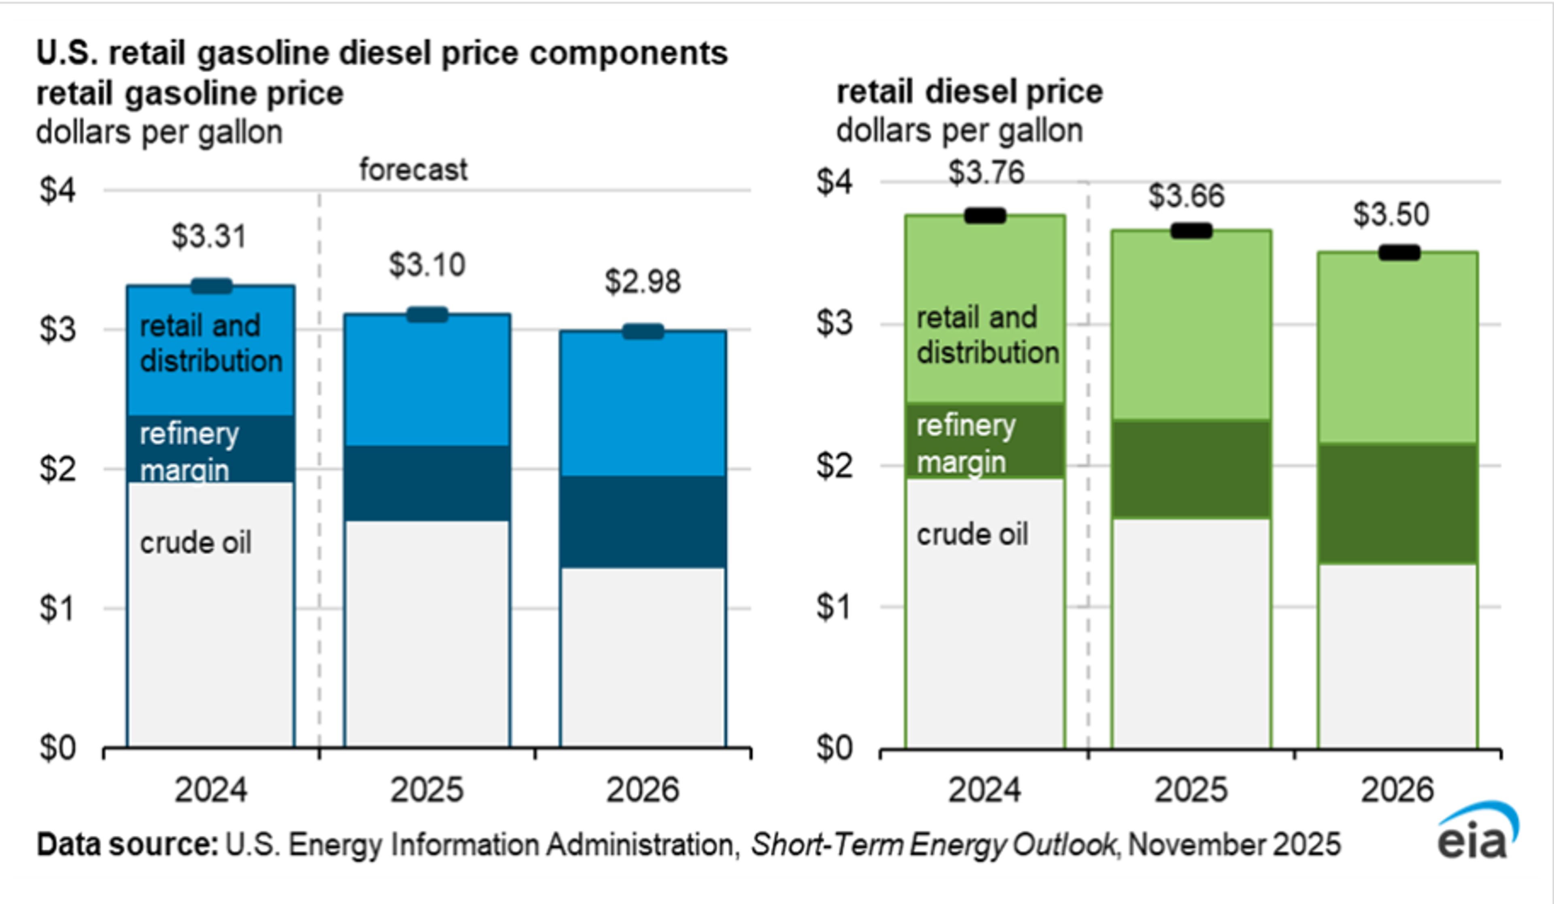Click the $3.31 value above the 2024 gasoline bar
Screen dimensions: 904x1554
[x=209, y=236]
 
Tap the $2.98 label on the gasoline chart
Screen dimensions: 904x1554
[x=643, y=282]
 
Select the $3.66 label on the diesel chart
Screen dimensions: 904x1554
[x=1186, y=196]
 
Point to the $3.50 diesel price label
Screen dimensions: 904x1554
[x=1391, y=215]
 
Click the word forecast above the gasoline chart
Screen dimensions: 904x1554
[x=413, y=170]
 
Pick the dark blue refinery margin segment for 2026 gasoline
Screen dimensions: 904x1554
[x=643, y=521]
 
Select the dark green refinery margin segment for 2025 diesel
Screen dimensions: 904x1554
[x=1191, y=469]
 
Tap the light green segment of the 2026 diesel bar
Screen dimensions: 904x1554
[x=1397, y=349]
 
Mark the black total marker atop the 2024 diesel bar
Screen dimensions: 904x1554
[x=985, y=215]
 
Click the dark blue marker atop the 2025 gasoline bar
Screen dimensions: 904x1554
[x=427, y=314]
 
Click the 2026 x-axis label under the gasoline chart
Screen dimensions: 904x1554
[x=643, y=790]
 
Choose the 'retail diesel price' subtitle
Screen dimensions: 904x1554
[x=969, y=93]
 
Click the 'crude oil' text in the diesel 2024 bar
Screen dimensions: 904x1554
[x=972, y=534]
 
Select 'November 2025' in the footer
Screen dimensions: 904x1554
[x=1234, y=844]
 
